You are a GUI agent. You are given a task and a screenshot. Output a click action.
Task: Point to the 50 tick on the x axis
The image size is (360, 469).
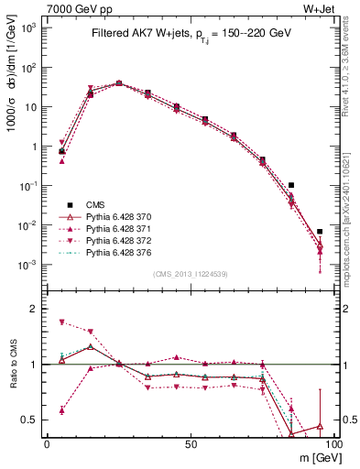[x=191, y=442]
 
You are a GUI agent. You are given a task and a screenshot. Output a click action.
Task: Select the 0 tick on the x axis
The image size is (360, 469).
[x=47, y=442]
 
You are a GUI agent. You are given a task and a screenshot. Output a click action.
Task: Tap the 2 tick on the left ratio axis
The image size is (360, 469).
[x=33, y=309]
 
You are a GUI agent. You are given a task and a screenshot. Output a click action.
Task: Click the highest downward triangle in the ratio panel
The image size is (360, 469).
[x=61, y=322]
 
